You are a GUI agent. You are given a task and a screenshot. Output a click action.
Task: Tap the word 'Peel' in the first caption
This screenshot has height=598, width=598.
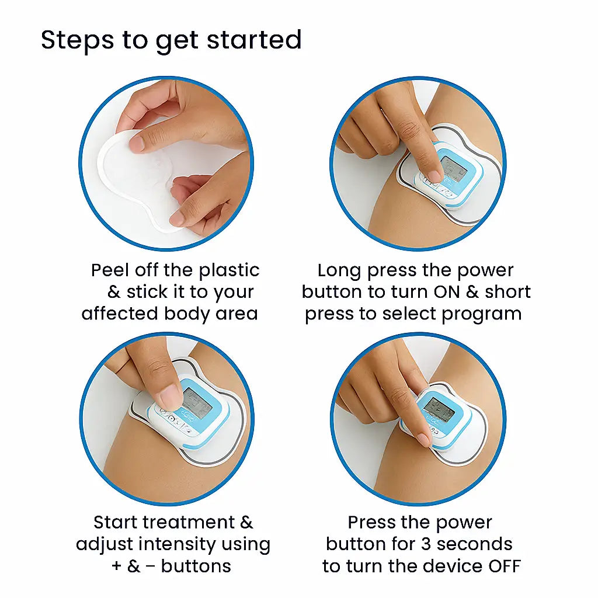pyautogui.click(x=110, y=270)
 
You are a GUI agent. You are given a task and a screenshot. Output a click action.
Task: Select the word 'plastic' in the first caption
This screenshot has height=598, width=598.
pyautogui.click(x=229, y=270)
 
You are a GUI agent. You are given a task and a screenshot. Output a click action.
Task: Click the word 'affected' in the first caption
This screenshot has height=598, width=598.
pyautogui.click(x=120, y=314)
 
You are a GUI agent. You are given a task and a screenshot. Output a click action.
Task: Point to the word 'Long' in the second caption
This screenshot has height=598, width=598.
pyautogui.click(x=339, y=270)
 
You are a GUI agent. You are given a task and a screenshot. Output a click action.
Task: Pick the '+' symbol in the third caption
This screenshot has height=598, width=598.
pyautogui.click(x=117, y=566)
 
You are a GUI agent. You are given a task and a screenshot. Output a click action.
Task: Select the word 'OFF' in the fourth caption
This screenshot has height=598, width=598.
pyautogui.click(x=502, y=566)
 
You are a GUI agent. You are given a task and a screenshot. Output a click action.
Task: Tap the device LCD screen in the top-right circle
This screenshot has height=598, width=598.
pyautogui.click(x=453, y=169)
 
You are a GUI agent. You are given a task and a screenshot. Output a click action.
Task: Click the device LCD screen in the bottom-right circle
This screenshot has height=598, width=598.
pyautogui.click(x=439, y=409)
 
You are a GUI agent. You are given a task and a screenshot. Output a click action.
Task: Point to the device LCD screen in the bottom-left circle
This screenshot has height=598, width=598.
pyautogui.click(x=196, y=402)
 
